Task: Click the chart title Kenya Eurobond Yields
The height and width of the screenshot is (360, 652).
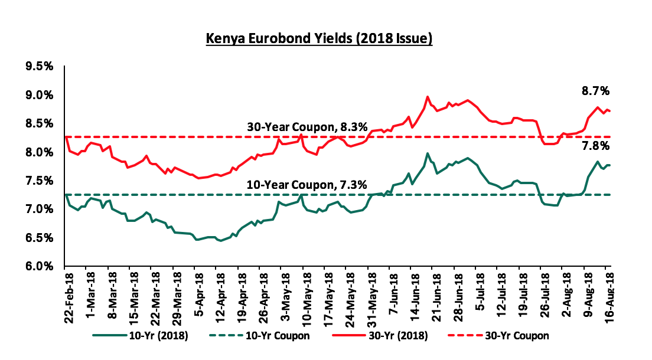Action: pos(319,39)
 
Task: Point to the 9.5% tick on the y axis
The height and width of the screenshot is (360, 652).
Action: pos(40,67)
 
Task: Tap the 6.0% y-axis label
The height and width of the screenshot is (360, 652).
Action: pos(40,266)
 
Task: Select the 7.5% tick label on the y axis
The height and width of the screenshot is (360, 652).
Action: pos(40,181)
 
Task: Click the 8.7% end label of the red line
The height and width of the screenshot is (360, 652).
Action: pos(595,91)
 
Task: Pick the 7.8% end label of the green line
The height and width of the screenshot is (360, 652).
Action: pos(595,146)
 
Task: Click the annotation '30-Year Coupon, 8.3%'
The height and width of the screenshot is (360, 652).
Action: pos(307,127)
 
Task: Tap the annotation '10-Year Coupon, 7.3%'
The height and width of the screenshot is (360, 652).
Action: pos(307,185)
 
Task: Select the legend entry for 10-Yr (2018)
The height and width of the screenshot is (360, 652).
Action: pos(141,335)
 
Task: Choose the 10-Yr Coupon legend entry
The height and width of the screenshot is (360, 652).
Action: pos(259,335)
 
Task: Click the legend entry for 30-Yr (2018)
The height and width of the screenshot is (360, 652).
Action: pos(380,335)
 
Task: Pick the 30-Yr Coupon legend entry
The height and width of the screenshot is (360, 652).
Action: pos(498,335)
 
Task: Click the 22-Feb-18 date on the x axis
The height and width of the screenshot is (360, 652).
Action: pos(69,294)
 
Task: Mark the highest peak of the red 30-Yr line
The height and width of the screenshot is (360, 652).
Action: pos(427,97)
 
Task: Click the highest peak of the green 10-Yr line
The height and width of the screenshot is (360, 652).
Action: pos(427,153)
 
